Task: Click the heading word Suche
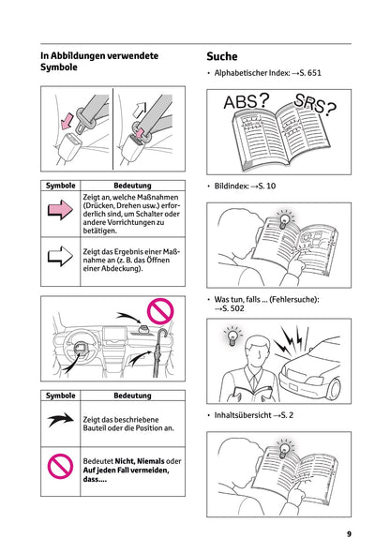228,56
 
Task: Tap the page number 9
348,533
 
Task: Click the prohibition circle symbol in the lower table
60,466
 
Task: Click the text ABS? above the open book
247,100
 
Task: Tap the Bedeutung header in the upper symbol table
132,186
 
